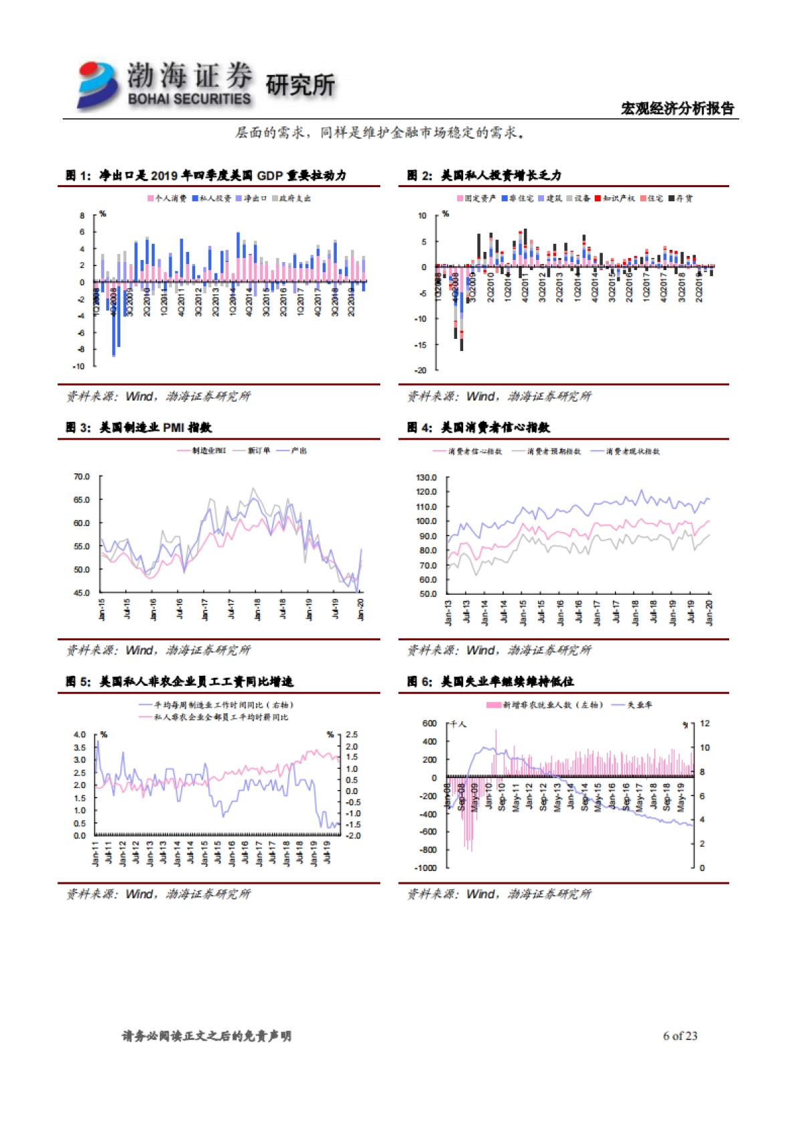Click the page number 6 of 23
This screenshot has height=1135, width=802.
680,1036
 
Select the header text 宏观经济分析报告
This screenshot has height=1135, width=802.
677,108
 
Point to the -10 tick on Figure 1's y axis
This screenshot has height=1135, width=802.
79,366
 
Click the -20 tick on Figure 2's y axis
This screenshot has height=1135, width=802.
420,370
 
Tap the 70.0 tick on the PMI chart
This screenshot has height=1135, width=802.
81,477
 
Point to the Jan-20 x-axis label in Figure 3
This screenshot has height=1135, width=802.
361,610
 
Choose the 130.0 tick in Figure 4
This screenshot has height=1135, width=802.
426,478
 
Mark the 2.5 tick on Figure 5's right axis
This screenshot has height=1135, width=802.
352,735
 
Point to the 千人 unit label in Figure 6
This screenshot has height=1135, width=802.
458,725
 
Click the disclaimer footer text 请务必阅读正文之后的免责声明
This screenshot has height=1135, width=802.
207,1036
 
